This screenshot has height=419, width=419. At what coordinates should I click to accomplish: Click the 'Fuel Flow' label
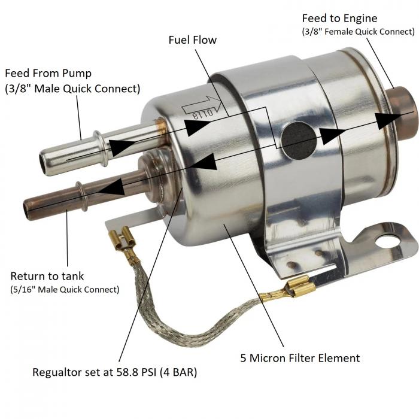pos(192,40)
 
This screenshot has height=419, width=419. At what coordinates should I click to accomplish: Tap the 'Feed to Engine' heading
pos(339,18)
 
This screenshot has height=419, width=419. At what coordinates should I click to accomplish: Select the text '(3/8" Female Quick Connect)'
pos(358,32)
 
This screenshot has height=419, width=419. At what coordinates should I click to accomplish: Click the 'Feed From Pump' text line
pos(48,73)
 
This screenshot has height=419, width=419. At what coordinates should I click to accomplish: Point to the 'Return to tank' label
pos(47,276)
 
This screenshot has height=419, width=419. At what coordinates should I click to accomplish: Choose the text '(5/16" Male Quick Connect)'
pos(65,289)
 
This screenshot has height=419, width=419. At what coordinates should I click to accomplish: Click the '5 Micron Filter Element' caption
pos(300,358)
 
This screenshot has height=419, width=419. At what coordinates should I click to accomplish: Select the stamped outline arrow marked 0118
pos(202,107)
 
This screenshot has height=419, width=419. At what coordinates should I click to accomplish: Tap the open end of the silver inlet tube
pos(42,163)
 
